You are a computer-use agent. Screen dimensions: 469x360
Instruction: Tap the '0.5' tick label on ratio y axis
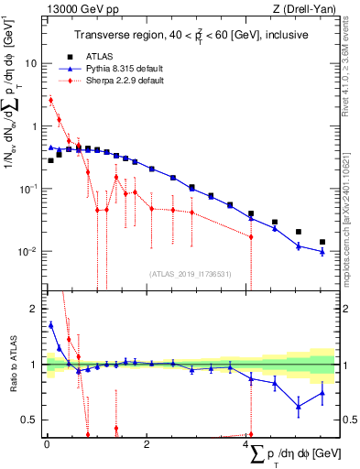click(30, 420)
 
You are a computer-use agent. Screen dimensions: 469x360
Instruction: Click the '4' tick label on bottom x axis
click(248, 444)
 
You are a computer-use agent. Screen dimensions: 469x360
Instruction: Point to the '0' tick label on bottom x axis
click(46, 444)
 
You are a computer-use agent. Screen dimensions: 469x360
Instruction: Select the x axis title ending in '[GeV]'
click(293, 454)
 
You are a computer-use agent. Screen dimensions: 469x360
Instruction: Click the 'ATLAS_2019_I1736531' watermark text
click(189, 274)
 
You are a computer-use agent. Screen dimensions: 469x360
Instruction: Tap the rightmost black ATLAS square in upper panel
click(322, 242)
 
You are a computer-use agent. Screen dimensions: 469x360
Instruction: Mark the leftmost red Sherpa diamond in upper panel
click(51, 100)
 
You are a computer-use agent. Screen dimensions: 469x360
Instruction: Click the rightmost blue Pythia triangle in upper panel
click(322, 251)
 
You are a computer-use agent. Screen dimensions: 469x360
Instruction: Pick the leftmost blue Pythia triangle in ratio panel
click(51, 324)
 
